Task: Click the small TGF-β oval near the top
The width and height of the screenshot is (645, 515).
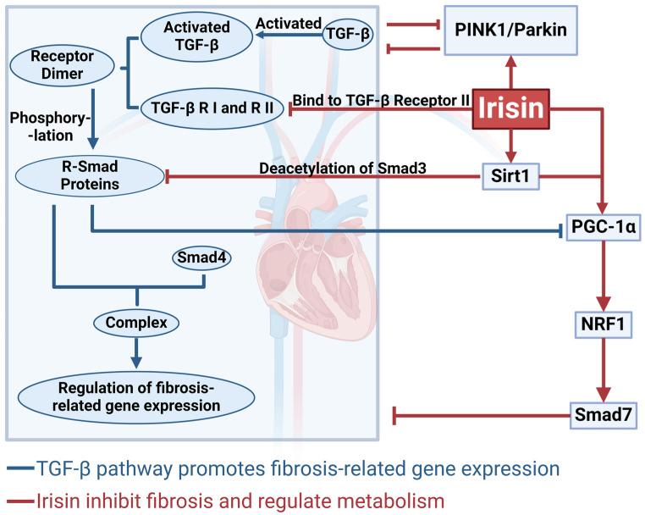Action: click(347, 33)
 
